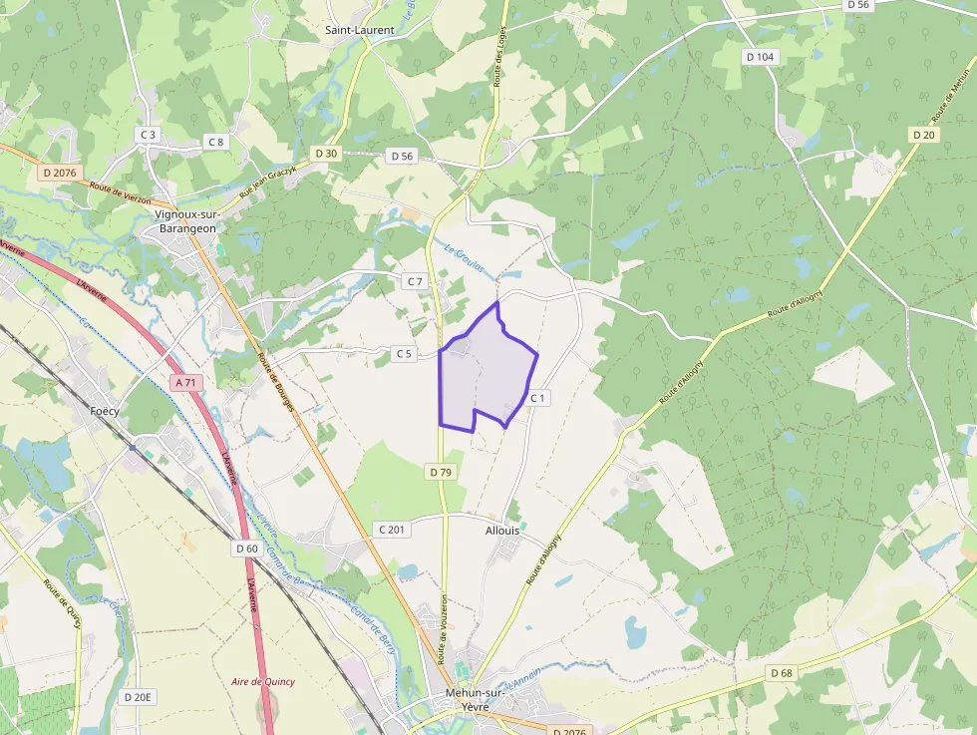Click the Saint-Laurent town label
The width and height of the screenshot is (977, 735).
tap(360, 30)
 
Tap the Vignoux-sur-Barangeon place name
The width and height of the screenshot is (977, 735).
tap(186, 221)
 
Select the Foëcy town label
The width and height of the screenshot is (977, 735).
tap(105, 411)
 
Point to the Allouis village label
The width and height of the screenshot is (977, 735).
tap(502, 531)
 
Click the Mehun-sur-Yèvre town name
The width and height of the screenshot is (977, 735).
tap(475, 699)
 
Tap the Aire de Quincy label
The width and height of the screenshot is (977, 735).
tap(263, 682)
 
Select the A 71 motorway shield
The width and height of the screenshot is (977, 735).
tap(185, 382)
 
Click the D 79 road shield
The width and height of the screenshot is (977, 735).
tap(442, 471)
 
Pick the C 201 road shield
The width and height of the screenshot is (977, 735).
tap(392, 530)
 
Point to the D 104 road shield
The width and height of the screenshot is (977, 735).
tap(760, 57)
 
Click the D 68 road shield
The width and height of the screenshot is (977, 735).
tap(782, 673)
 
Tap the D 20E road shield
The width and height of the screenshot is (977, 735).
tap(138, 696)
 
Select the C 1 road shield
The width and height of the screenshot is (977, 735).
tap(538, 398)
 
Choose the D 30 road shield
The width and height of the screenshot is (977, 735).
tap(326, 154)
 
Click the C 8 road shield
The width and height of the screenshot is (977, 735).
tap(215, 142)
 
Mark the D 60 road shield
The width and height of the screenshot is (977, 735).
tap(247, 549)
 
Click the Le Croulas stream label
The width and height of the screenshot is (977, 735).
tap(464, 256)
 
